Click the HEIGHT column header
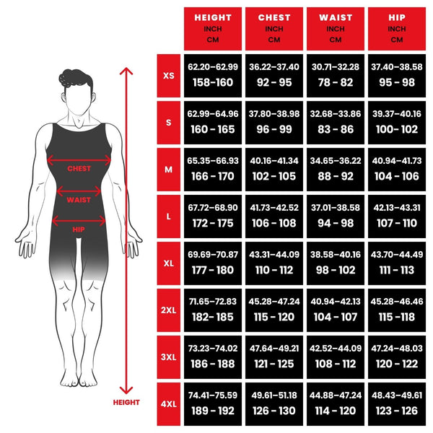[212, 27]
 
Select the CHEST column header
[274, 27]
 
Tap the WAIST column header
[336, 27]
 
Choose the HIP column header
[397, 27]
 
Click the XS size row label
[169, 75]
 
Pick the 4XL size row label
[169, 404]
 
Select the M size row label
[169, 170]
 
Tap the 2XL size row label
[169, 310]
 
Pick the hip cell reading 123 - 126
[397, 404]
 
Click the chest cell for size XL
[274, 263]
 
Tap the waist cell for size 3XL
[336, 357]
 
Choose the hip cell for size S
[397, 123]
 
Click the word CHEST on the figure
[79, 169]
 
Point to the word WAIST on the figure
[79, 200]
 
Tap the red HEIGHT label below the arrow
[126, 403]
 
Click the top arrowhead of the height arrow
[127, 71]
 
